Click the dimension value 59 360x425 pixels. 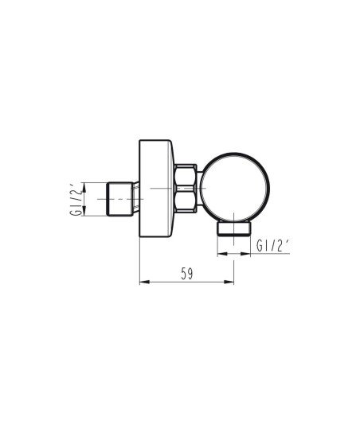[x=187, y=274]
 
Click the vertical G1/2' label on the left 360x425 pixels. [x=76, y=199]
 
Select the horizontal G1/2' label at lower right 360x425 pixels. [x=272, y=246]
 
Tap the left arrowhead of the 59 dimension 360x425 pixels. [x=144, y=283]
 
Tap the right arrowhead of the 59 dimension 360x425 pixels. [x=229, y=283]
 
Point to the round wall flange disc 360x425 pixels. [x=156, y=189]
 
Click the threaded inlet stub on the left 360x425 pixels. [x=120, y=199]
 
